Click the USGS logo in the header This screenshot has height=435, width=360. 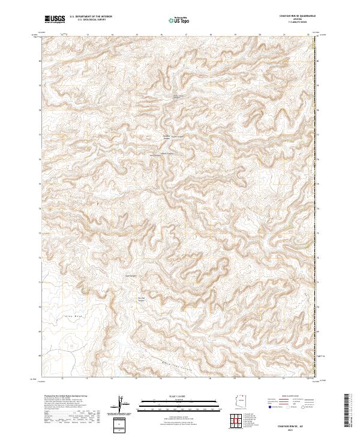pos(55,19)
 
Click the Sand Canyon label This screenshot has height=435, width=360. pos(131,276)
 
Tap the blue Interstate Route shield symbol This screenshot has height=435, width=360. pos(266,407)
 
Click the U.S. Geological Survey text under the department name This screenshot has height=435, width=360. pos(88,20)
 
